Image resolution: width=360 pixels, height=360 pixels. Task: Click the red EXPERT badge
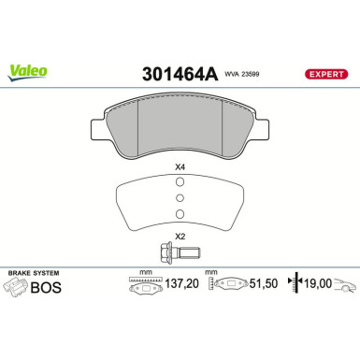326,72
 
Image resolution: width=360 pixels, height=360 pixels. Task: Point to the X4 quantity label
180,168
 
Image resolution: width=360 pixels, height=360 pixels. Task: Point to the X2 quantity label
180,237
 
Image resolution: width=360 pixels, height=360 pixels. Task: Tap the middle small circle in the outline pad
180,198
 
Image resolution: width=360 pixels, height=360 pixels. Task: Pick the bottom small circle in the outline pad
180,211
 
